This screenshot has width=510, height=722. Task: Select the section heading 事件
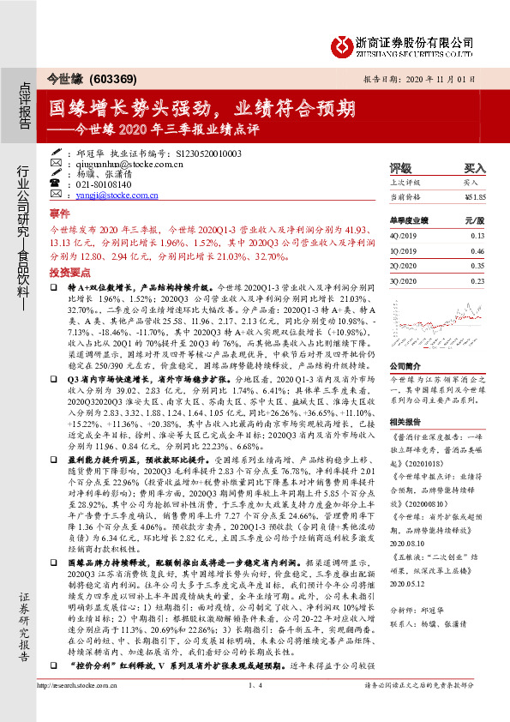click(59, 212)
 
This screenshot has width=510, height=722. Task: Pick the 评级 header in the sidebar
click(400, 168)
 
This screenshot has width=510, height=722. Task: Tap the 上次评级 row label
click(405, 183)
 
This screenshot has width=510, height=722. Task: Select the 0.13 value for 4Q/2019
click(477, 236)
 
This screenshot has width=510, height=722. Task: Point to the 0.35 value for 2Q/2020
click(477, 267)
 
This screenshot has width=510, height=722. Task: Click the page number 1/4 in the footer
click(255, 686)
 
